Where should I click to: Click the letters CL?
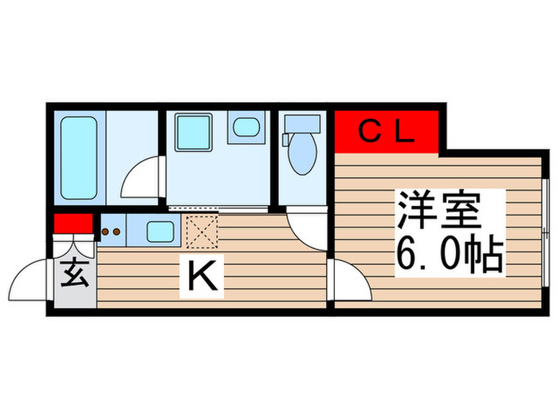tap(386, 132)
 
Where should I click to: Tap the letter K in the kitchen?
tap(202, 277)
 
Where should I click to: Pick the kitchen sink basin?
tap(162, 232)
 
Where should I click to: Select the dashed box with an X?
tap(201, 231)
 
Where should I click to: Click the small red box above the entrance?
tap(73, 223)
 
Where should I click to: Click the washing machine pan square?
tap(192, 131)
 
